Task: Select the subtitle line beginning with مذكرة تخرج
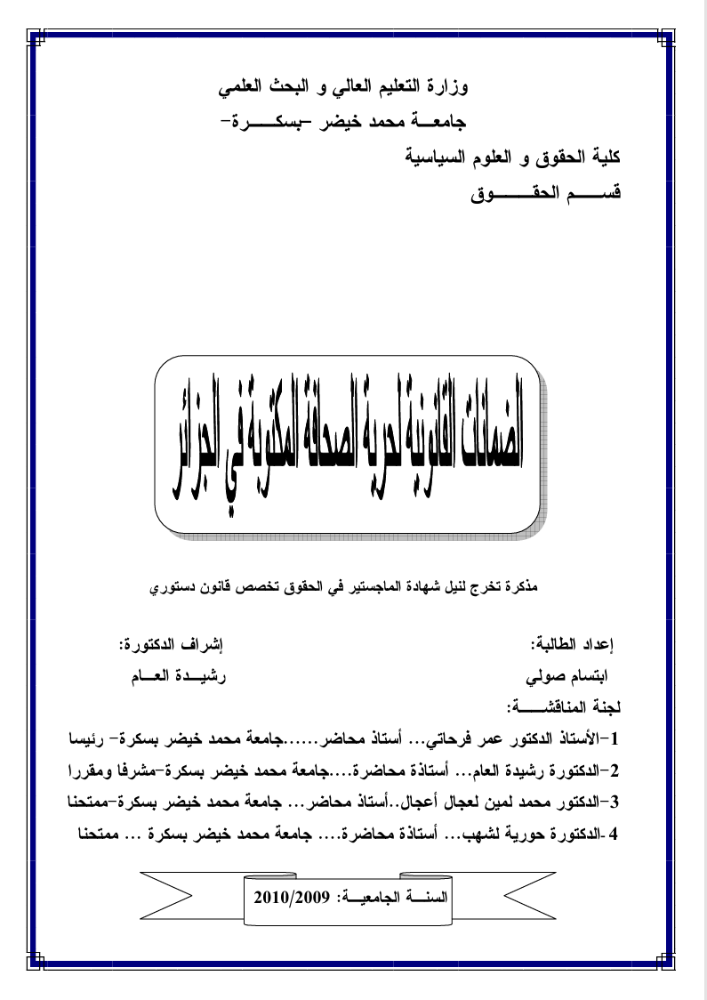tap(348, 588)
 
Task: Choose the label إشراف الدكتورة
tap(170, 641)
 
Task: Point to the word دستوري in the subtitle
tap(176, 588)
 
